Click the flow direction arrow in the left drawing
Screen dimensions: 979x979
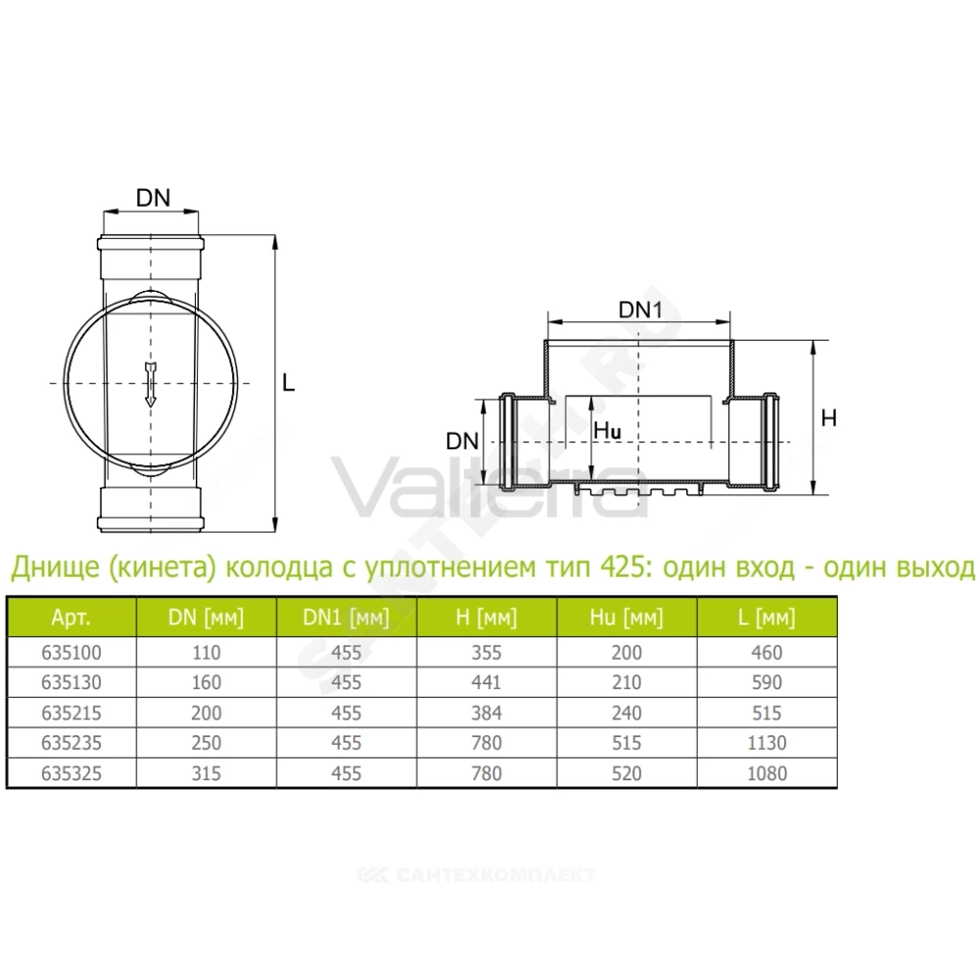pos(150,384)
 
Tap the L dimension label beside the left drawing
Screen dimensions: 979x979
pos(288,382)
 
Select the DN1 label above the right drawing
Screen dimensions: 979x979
pos(640,309)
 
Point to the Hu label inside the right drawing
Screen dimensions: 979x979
pos(607,430)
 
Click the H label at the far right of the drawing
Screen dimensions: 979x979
pos(828,418)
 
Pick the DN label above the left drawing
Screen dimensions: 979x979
pos(153,198)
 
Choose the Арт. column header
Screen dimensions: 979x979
pos(71,618)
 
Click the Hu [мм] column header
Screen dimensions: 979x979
pos(627,618)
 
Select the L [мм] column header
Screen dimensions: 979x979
pos(767,618)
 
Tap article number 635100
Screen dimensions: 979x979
pos(71,652)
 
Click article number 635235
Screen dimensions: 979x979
pos(71,743)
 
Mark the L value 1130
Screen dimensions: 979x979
pos(767,743)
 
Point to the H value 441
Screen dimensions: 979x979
pos(487,682)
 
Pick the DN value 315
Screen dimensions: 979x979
pos(206,773)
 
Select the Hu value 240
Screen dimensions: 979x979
pos(627,713)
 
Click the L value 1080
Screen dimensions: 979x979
pos(767,773)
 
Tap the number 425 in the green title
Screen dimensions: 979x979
pos(621,568)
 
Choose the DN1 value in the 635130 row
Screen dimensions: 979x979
pos(346,682)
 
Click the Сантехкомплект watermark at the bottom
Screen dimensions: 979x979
pos(477,875)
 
